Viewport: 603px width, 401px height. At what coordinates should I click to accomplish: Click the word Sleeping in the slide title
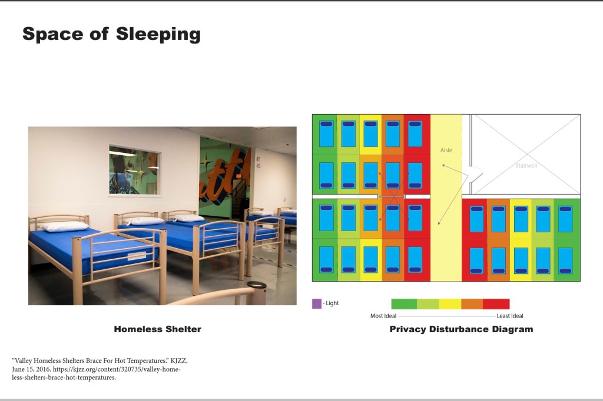(x=158, y=34)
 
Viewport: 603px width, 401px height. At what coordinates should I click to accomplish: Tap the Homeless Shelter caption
(x=158, y=329)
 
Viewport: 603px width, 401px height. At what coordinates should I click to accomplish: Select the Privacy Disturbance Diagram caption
(x=461, y=329)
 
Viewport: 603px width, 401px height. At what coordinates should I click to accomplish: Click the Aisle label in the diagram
(x=446, y=150)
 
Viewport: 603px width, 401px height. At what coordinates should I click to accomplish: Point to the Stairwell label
(x=526, y=166)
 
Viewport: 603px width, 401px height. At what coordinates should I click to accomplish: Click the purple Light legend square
(x=316, y=304)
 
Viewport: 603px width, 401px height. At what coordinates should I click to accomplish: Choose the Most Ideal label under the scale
(x=383, y=316)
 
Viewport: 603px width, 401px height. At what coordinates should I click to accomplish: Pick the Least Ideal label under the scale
(x=510, y=316)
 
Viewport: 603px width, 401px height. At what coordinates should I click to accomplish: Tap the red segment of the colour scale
(x=496, y=304)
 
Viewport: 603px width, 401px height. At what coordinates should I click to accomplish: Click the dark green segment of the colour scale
(x=404, y=304)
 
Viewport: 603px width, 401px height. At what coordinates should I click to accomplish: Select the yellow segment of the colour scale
(x=450, y=304)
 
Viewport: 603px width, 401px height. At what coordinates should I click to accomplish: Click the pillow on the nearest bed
(x=65, y=226)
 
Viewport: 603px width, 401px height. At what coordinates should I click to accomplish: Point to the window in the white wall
(x=135, y=171)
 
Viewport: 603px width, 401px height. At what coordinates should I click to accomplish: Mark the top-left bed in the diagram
(x=326, y=133)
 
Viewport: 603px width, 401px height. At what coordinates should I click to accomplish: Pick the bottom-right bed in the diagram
(x=565, y=260)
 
